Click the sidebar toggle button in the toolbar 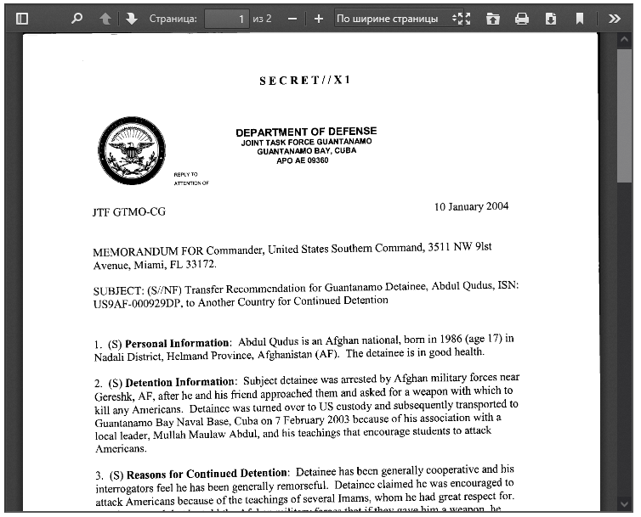coord(22,18)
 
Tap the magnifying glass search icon coord(77,18)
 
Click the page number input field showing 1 coord(226,18)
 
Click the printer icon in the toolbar coord(522,18)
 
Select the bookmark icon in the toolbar coord(579,18)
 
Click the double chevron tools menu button coord(615,18)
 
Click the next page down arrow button coord(132,18)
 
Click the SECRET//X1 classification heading coord(304,80)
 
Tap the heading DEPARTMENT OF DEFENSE coord(306,132)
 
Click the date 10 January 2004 coord(471,206)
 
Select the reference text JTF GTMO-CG coord(129,211)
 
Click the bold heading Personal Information coord(178,343)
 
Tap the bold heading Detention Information coord(180,382)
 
